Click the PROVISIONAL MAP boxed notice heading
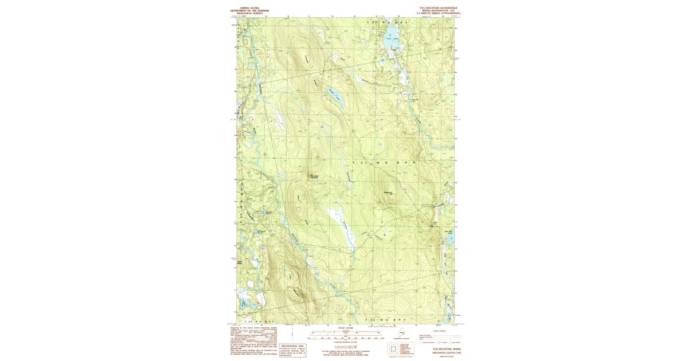pyautogui.click(x=292, y=347)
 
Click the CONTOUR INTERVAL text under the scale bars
pyautogui.click(x=343, y=342)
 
